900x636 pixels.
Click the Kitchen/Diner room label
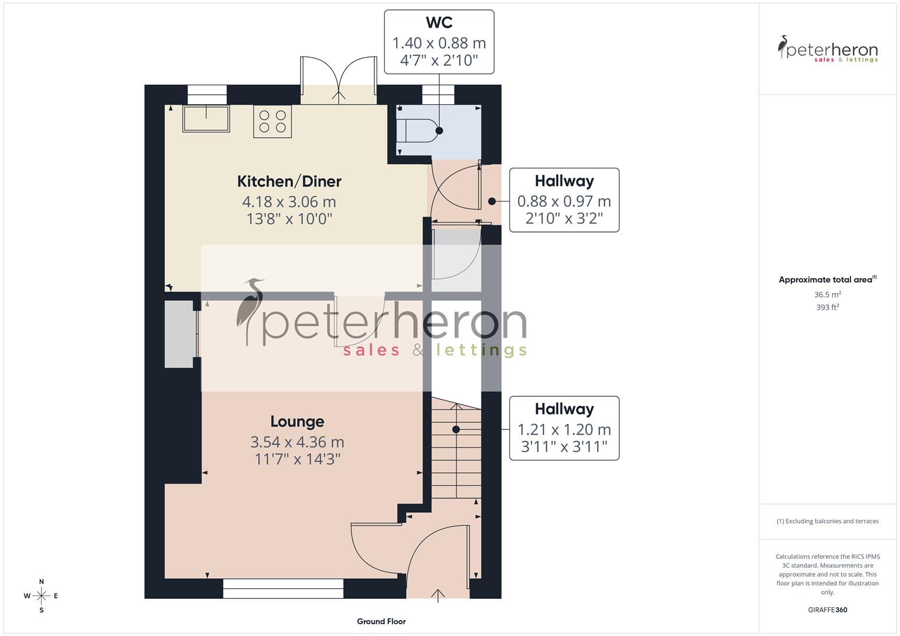coord(289,181)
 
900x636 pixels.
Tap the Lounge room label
coord(297,422)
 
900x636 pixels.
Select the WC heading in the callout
coord(439,23)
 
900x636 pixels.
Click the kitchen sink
coord(206,118)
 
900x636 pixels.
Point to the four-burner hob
coord(272,121)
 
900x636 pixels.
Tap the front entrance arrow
coord(438,595)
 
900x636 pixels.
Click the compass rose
coord(41,596)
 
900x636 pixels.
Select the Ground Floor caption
coord(381,621)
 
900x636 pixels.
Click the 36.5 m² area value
coord(828,294)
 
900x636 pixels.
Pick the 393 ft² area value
coord(828,307)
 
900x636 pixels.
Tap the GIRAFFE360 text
coord(828,609)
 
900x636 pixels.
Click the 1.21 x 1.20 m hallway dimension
coord(564,430)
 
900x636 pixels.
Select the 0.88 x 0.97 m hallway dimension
coord(564,201)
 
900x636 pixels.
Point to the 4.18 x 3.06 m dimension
coord(289,202)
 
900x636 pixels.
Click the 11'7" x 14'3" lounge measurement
coord(297,459)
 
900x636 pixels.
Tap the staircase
coord(456,453)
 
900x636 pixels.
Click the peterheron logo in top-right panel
coord(828,49)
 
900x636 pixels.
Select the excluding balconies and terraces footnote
coord(828,521)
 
